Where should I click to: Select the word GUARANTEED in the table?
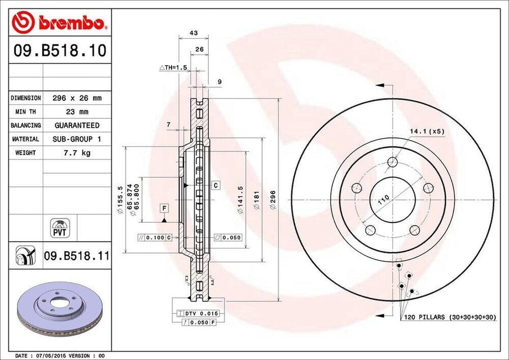(77, 125)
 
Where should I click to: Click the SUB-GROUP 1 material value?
(77, 139)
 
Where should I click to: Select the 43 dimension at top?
(194, 33)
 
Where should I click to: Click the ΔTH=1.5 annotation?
(172, 67)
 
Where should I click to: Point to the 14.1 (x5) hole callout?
(426, 131)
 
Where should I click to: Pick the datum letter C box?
(216, 185)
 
